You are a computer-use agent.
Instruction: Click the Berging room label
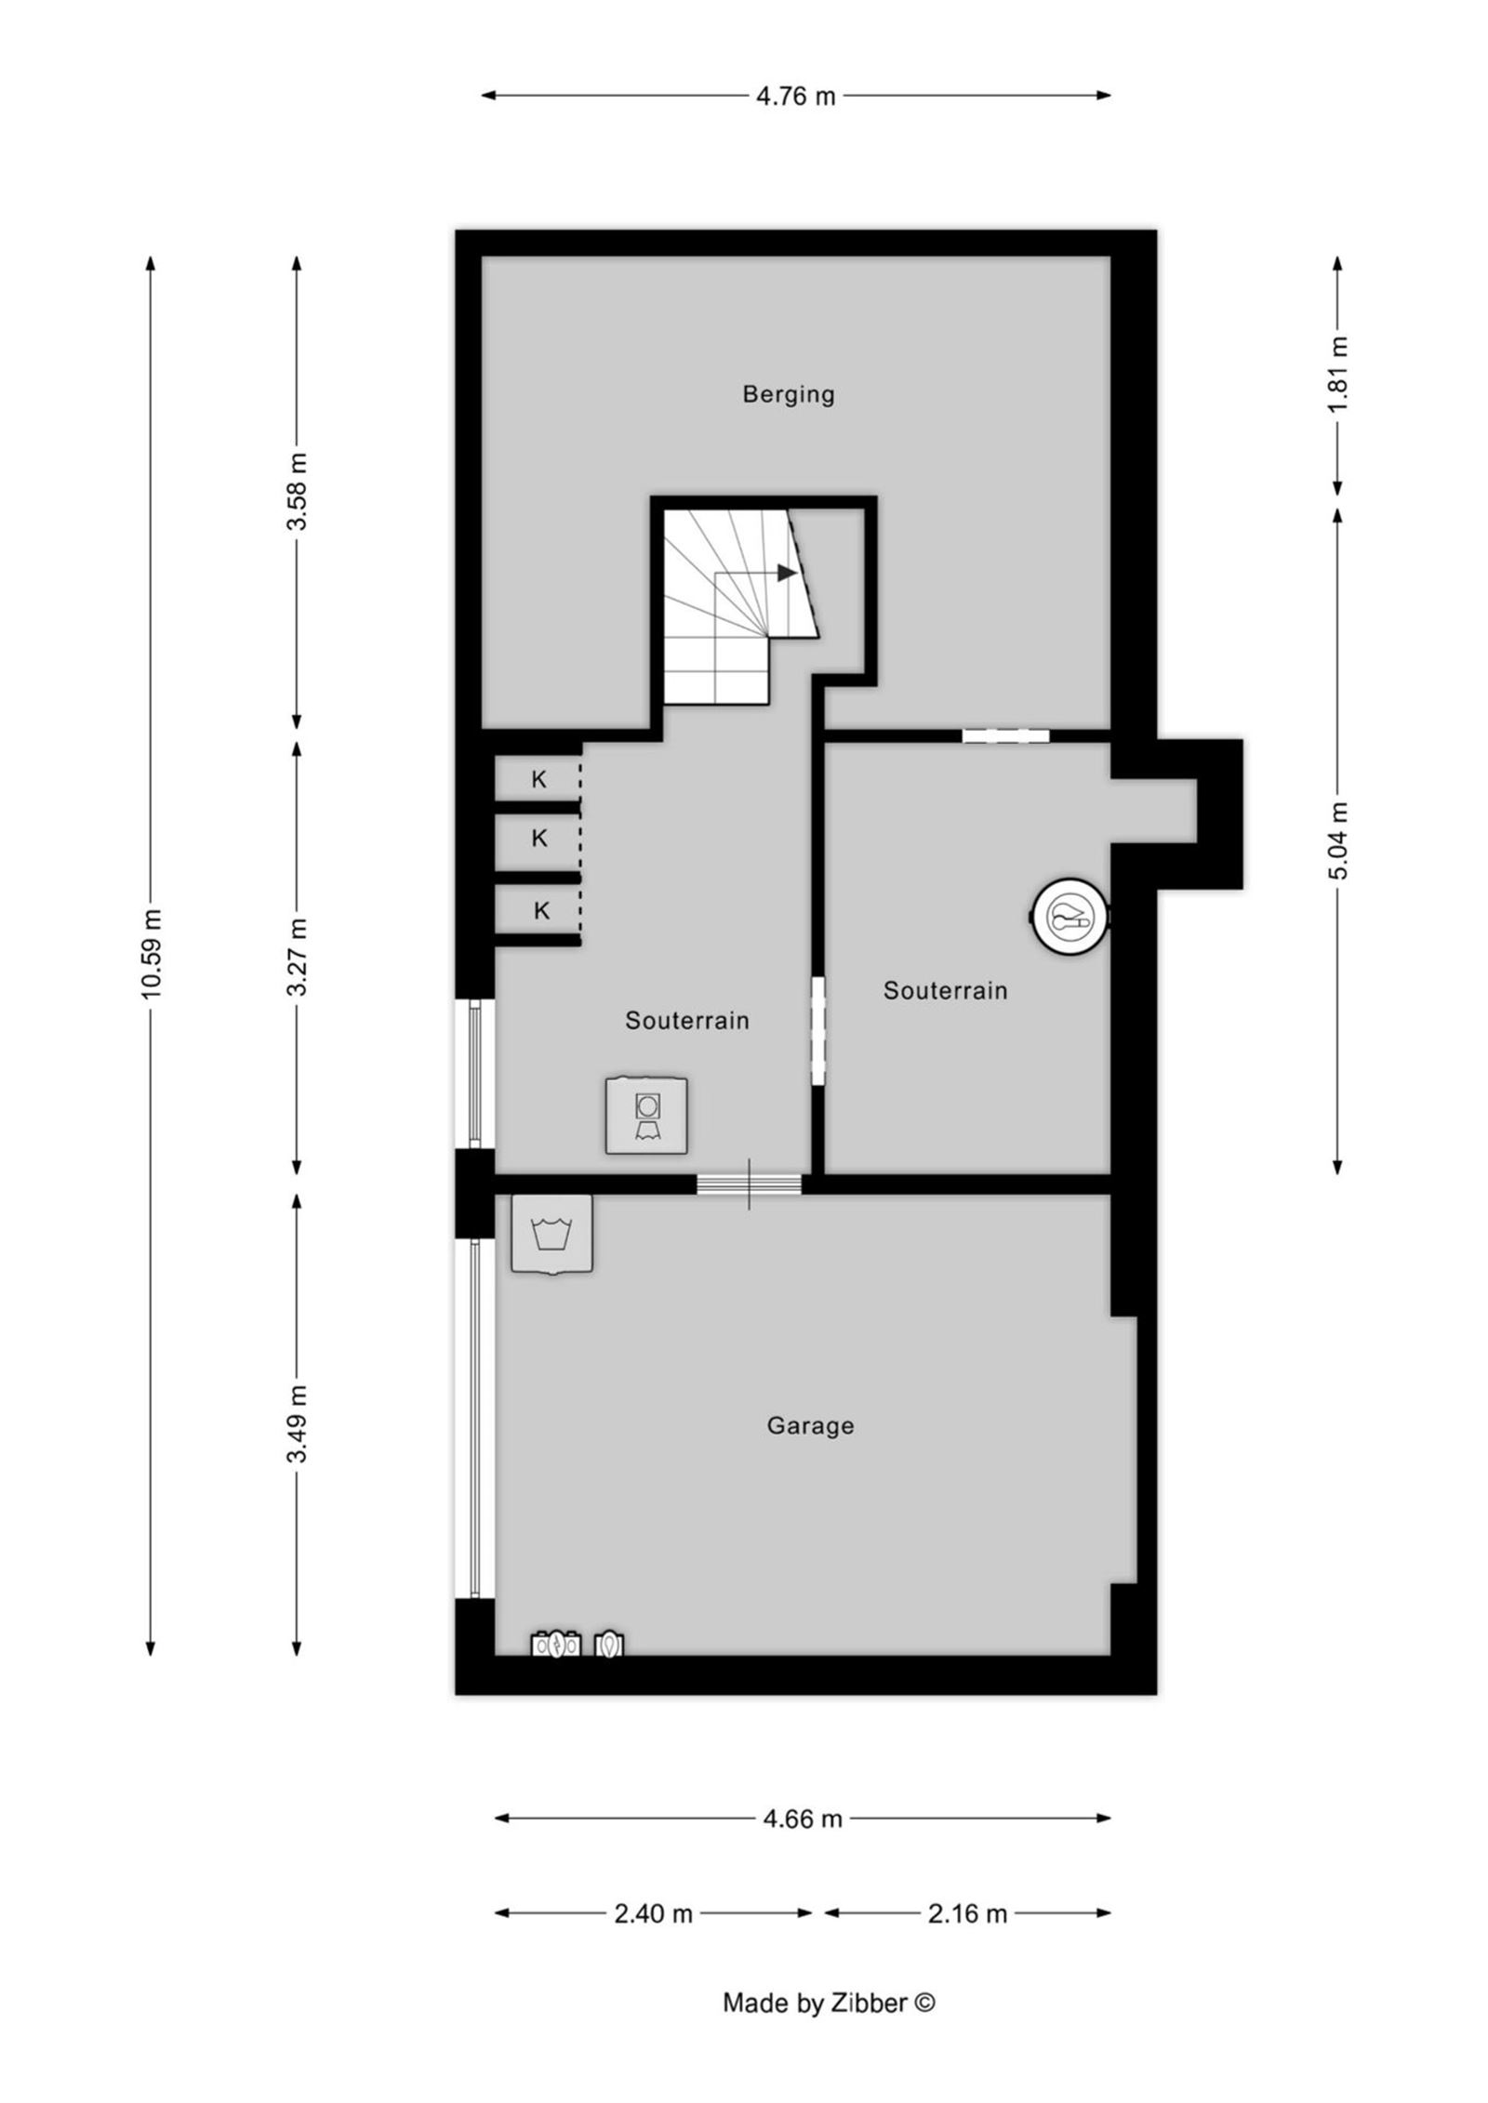[x=788, y=394]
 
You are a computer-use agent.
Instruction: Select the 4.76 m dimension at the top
[x=796, y=96]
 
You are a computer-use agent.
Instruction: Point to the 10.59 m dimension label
[x=151, y=954]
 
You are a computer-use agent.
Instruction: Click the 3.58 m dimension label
[x=297, y=491]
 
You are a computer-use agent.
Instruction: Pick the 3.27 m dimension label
[x=297, y=956]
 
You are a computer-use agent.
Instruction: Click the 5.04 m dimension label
[x=1337, y=840]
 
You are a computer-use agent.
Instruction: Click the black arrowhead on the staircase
[x=787, y=573]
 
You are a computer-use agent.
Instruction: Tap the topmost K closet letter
[x=538, y=780]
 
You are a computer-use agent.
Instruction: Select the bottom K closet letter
[x=541, y=911]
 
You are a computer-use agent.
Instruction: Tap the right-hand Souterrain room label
[x=945, y=990]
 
